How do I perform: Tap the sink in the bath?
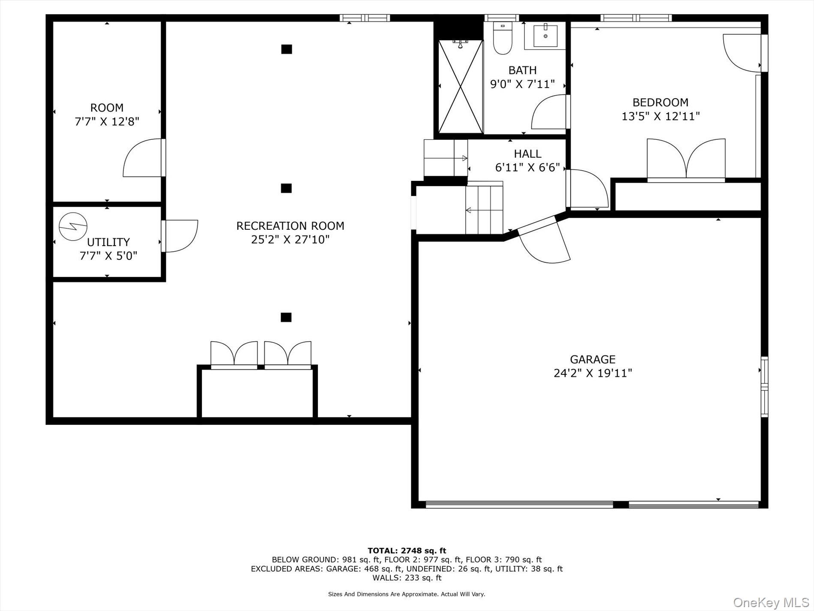tap(545, 36)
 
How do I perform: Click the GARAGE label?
tap(593, 359)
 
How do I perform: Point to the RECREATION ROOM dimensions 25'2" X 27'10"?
tap(290, 239)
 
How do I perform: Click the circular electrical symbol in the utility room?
tap(73, 227)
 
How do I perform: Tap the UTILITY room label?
tap(108, 242)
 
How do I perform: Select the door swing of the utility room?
tap(180, 236)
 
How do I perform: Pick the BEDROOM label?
tap(660, 102)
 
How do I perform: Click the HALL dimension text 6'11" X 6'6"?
tap(527, 168)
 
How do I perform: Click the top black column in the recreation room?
tap(287, 49)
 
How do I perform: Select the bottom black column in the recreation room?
tap(286, 317)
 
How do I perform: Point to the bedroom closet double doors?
tap(686, 159)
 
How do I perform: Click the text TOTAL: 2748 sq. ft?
tap(407, 551)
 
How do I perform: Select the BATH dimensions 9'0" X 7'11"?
tap(522, 84)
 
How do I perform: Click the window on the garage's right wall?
tap(764, 386)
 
